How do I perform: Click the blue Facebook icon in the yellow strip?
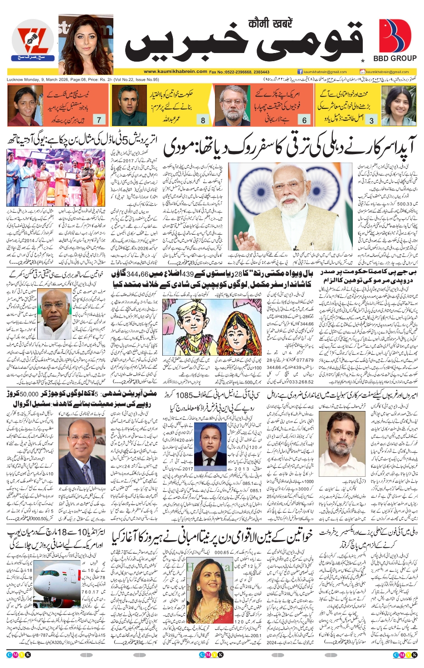coord(300,72)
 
